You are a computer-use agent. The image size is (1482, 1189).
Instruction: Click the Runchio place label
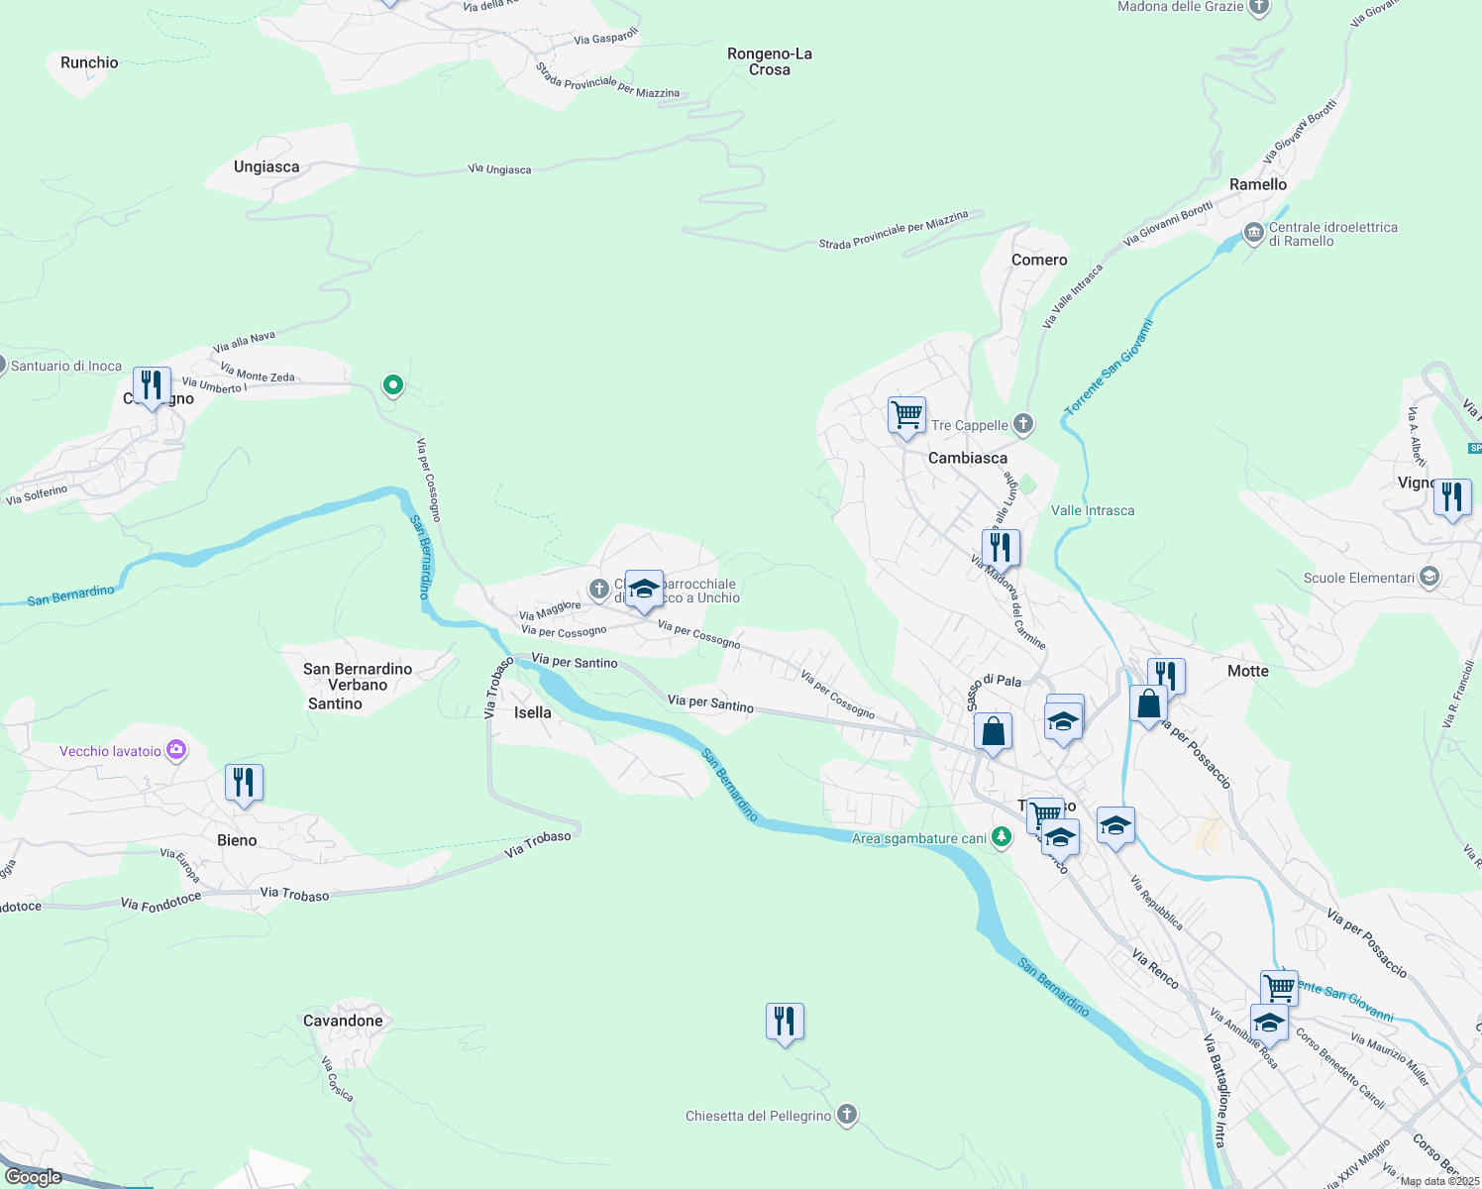[x=89, y=62]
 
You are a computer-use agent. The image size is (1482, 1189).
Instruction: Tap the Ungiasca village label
[x=266, y=166]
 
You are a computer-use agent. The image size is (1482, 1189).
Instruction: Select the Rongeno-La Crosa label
[x=770, y=61]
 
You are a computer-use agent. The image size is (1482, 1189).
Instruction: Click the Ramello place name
[x=1258, y=184]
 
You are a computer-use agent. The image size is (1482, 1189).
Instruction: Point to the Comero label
[x=1039, y=260]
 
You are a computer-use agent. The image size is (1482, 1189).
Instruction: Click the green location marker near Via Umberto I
[x=393, y=384]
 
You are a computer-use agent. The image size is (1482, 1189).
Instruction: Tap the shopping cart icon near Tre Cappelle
[x=906, y=414]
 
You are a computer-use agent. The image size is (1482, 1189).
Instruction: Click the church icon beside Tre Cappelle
[x=1023, y=425]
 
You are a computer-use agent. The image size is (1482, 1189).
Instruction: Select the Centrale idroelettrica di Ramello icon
[x=1254, y=234]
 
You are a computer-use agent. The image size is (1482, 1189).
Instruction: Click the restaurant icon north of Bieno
[x=244, y=782]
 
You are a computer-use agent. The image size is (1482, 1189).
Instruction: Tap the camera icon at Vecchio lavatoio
[x=176, y=750]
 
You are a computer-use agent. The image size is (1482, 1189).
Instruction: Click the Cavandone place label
[x=343, y=1021]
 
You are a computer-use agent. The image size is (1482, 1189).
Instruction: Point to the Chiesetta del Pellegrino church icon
[x=847, y=1116]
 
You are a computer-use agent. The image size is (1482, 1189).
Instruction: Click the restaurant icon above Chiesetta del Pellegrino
[x=785, y=1021]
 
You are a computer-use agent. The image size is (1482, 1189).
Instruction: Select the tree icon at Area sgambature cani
[x=1002, y=838]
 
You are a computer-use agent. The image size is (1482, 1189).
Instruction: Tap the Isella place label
[x=532, y=712]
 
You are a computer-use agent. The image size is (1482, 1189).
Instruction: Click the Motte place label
[x=1248, y=671]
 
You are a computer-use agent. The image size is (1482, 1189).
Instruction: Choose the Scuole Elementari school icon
[x=1429, y=578]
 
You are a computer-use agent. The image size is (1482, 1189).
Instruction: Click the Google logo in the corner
[x=34, y=1176]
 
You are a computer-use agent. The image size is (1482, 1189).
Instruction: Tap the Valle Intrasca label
[x=1093, y=510]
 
